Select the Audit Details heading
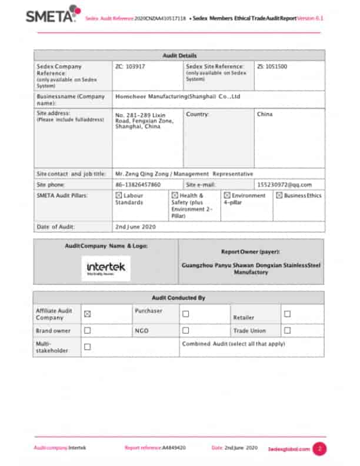tap(179, 55)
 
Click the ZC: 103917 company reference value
tap(131, 67)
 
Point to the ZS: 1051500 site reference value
tap(272, 67)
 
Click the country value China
tap(265, 114)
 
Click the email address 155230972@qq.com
tap(285, 185)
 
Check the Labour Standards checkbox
tap(119, 195)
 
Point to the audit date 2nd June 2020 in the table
tap(136, 227)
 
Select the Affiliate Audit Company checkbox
tap(87, 314)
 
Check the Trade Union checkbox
tap(287, 331)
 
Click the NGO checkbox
tap(185, 331)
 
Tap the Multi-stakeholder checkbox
tap(87, 347)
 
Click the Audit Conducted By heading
tap(179, 298)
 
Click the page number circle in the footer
tap(319, 448)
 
